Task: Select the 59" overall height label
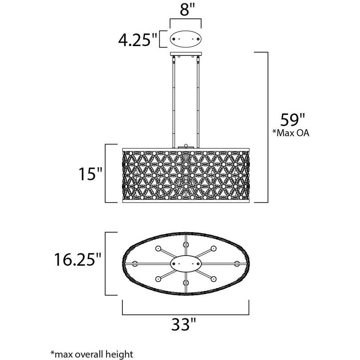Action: pos(292,120)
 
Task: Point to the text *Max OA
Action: pos(291,133)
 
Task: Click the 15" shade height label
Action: pos(90,174)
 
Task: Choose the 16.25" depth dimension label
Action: pos(78,260)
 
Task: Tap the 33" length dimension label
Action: pos(184,324)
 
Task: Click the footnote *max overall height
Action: pos(91,354)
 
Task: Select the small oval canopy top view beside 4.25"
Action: pos(185,39)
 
